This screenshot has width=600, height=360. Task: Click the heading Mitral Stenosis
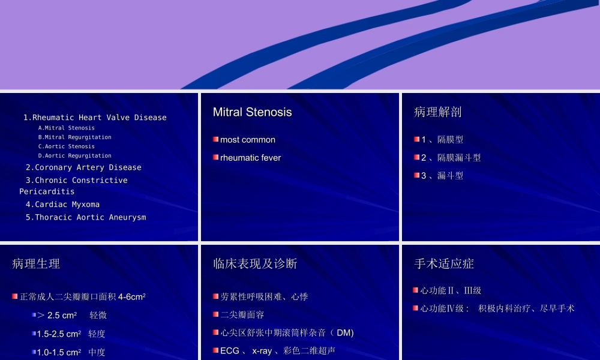252,112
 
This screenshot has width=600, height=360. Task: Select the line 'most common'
247,140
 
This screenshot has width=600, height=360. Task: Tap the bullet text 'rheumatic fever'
250,158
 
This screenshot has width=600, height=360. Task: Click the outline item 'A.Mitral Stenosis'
66,128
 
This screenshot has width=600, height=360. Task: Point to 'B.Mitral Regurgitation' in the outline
74,137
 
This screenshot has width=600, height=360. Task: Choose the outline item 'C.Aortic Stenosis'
66,146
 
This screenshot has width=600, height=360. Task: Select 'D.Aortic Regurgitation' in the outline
74,156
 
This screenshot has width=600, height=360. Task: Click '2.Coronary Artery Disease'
83,167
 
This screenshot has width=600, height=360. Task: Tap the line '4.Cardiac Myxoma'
62,205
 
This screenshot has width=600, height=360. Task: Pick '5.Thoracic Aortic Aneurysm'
86,217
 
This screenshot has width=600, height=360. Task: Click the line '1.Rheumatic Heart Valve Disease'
95,118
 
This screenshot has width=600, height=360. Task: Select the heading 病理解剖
438,112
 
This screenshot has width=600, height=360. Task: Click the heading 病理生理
36,264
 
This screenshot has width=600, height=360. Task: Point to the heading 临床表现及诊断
255,264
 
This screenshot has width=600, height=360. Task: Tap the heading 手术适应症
444,264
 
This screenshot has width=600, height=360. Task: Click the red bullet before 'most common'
215,140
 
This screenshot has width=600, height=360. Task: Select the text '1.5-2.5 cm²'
59,334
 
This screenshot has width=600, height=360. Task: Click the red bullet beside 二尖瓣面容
215,314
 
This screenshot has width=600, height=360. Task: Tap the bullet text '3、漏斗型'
442,176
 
